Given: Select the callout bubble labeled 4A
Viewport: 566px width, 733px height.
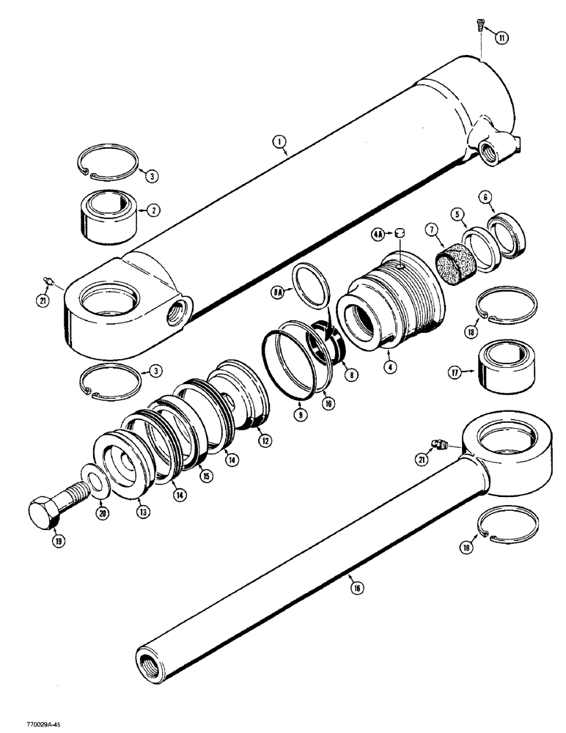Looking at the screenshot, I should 378,235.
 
